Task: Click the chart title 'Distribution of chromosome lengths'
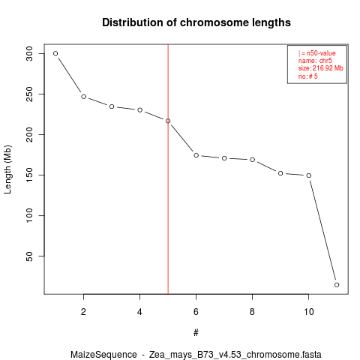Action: click(196, 22)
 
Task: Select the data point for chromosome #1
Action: click(55, 53)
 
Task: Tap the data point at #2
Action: click(83, 97)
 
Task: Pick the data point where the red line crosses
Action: click(168, 121)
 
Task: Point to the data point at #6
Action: click(196, 155)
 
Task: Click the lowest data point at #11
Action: click(337, 285)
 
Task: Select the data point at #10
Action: click(309, 175)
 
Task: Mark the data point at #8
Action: click(253, 160)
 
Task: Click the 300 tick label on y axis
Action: click(29, 53)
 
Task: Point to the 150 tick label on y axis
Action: click(29, 175)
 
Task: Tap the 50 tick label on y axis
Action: click(29, 256)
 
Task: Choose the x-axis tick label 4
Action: click(139, 312)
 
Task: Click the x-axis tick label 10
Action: click(309, 312)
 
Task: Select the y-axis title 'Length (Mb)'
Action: click(7, 169)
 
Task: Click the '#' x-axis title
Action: click(196, 333)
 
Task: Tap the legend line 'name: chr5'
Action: click(315, 61)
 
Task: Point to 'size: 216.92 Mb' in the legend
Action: click(320, 68)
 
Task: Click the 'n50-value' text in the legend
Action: click(321, 53)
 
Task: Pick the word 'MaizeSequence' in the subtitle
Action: click(103, 355)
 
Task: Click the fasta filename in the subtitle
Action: click(235, 355)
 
